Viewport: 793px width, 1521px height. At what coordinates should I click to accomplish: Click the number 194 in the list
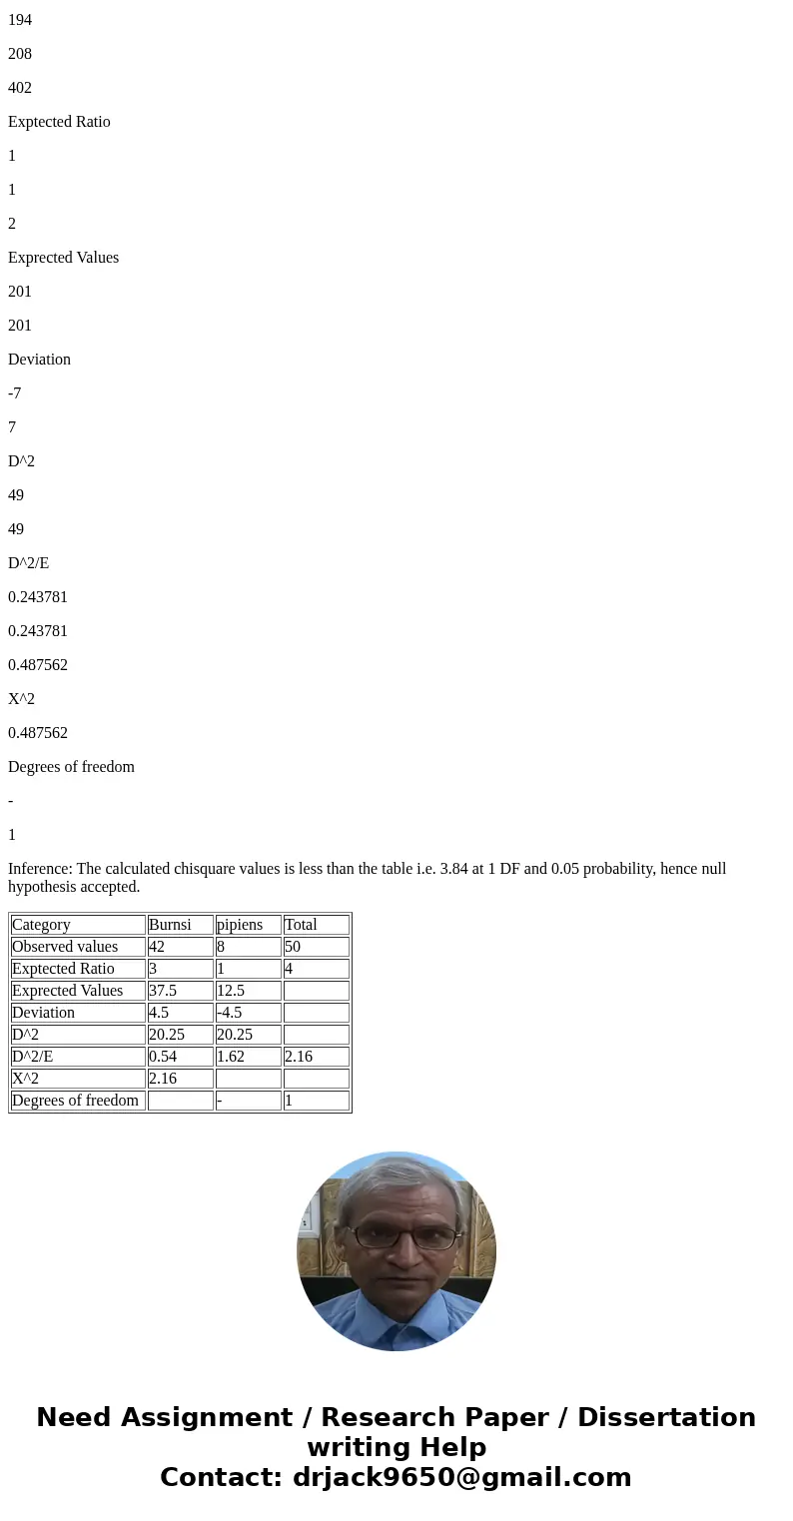click(x=20, y=20)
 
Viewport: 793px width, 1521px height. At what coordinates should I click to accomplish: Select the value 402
click(x=20, y=88)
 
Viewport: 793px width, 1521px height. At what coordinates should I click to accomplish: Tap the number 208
click(x=20, y=54)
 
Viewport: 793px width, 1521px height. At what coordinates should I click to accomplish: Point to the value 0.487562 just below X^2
click(x=38, y=733)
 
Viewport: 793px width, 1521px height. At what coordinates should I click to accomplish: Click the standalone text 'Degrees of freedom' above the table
click(x=71, y=767)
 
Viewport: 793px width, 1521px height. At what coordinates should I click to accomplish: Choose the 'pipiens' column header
click(x=240, y=925)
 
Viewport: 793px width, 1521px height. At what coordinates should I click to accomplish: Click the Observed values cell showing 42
click(x=157, y=947)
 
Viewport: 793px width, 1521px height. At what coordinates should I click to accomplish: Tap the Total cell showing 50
click(x=293, y=947)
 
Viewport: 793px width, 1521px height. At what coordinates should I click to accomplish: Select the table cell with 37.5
click(x=163, y=991)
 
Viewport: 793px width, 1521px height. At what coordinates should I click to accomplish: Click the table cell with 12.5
click(x=231, y=991)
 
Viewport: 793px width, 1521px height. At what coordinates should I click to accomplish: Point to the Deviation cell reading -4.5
click(x=230, y=1013)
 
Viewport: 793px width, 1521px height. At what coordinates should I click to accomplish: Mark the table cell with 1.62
click(x=231, y=1057)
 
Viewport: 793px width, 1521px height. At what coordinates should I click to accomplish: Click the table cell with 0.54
click(x=163, y=1057)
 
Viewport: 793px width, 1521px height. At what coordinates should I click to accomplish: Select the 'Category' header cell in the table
click(x=41, y=925)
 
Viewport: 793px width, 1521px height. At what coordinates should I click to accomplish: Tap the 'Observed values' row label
click(x=65, y=947)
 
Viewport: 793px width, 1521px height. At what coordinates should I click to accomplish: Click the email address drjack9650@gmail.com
click(x=461, y=1478)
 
